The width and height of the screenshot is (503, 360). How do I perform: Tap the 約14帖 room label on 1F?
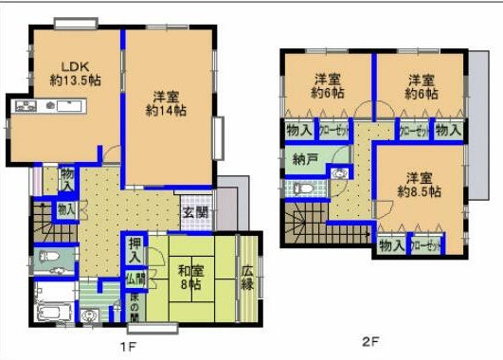(x=167, y=102)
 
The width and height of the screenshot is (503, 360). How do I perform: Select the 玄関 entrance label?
(x=195, y=212)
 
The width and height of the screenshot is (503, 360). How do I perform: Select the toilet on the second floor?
(x=301, y=188)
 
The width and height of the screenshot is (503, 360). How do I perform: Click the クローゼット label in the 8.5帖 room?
(x=427, y=245)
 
